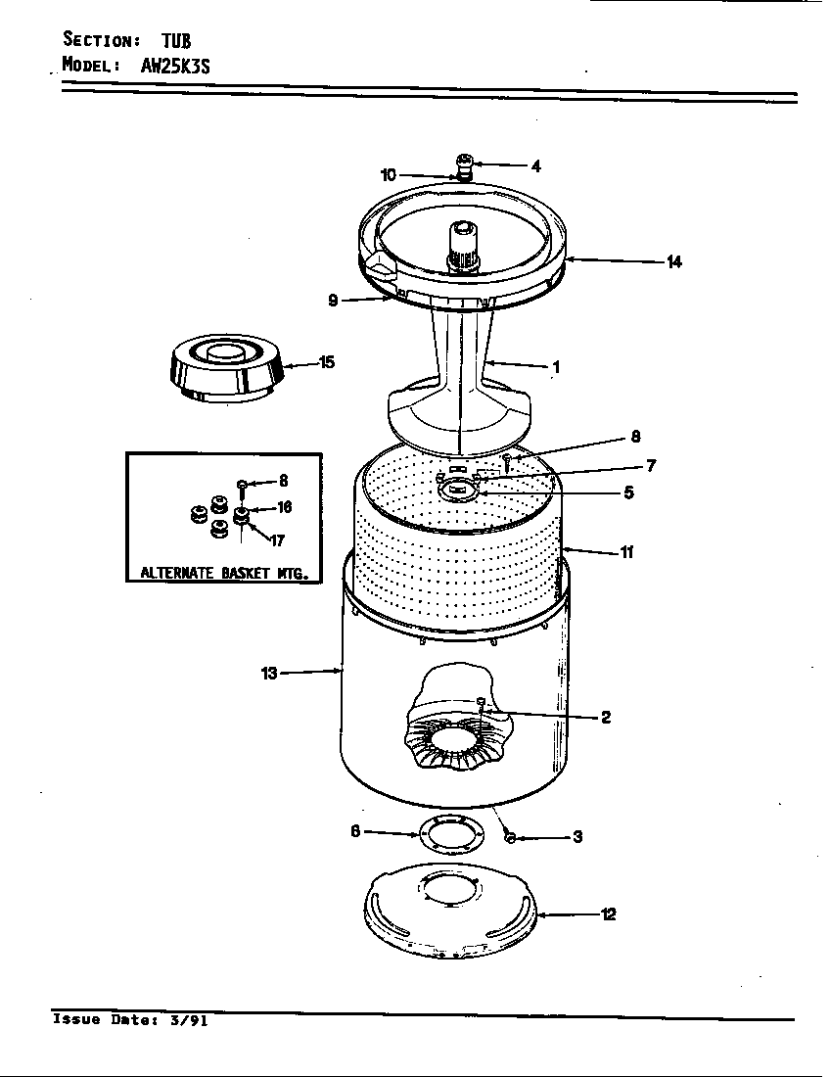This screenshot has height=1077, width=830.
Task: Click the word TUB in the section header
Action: point(176,40)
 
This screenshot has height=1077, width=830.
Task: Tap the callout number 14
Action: point(673,261)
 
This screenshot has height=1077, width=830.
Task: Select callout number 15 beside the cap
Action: point(327,362)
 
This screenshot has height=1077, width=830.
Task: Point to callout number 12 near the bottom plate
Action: point(608,915)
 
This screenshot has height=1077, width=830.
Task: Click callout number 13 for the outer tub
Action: point(269,673)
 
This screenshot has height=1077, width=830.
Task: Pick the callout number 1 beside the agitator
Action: point(556,368)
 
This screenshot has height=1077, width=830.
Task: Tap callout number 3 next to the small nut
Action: point(577,837)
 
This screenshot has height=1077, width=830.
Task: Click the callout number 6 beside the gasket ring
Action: point(355,831)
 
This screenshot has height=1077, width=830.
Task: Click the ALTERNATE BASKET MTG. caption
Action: point(224,573)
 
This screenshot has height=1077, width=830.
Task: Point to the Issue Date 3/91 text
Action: point(130,1020)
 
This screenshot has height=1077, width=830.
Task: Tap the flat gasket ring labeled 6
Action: point(451,835)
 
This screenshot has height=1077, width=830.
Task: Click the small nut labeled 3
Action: point(510,837)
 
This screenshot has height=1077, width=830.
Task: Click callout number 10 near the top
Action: point(389,175)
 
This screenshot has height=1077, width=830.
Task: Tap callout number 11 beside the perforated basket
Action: point(626,552)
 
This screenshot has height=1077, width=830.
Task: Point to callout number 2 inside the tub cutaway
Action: point(606,718)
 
